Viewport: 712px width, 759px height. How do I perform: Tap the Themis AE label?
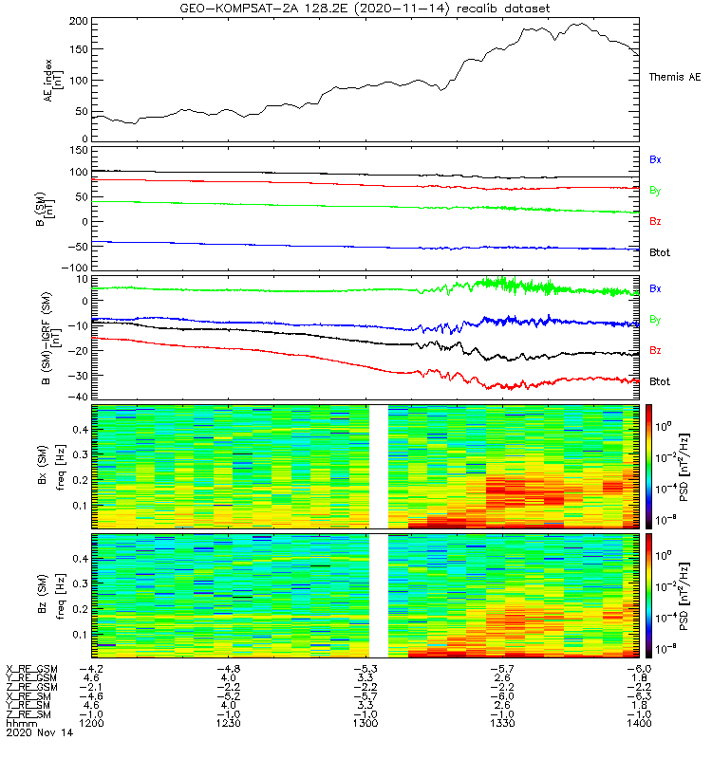[674, 77]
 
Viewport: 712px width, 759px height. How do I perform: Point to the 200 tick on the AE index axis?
[80, 21]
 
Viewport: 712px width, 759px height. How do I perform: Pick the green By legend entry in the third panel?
[655, 319]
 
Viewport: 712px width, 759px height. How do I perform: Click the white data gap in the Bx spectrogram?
[379, 466]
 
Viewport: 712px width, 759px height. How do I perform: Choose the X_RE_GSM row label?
[32, 670]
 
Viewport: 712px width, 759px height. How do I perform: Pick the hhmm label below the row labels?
[20, 723]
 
